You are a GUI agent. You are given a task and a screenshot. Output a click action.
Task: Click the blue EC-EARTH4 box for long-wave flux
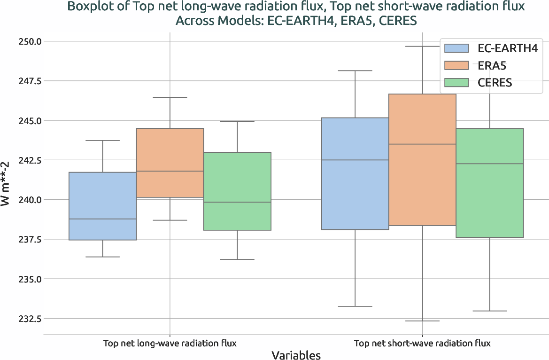[x=103, y=206]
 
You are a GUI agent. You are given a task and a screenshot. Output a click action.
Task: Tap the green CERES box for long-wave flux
[x=237, y=191]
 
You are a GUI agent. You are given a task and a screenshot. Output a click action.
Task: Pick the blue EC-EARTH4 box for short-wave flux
[x=355, y=173]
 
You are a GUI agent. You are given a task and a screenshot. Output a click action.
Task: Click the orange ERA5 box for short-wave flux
[x=422, y=160]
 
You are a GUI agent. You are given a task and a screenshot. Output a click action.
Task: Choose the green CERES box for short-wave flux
[x=489, y=183]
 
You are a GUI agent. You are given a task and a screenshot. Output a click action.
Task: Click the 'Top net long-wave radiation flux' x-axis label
[x=170, y=343]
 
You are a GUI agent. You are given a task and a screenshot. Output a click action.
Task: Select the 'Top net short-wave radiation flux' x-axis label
[x=422, y=343]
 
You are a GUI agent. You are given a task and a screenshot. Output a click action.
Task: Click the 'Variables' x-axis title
[x=296, y=355]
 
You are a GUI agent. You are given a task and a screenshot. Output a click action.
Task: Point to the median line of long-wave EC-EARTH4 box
[x=103, y=219]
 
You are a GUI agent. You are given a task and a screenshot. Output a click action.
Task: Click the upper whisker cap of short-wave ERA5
[x=422, y=47]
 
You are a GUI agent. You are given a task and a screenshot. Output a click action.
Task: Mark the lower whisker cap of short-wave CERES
[x=489, y=311]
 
